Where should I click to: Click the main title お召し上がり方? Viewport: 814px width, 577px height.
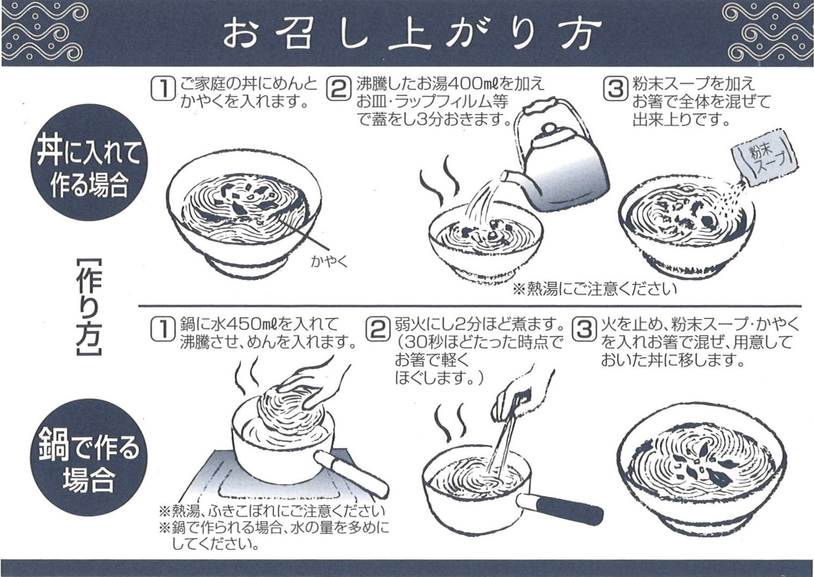point(407,34)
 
